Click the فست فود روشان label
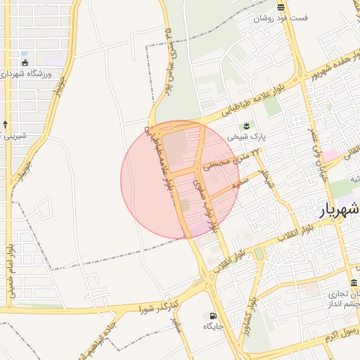point(282,18)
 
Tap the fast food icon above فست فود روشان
point(281,8)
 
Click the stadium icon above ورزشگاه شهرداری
point(25,63)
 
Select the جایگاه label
point(213,326)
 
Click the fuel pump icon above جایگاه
point(213,316)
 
